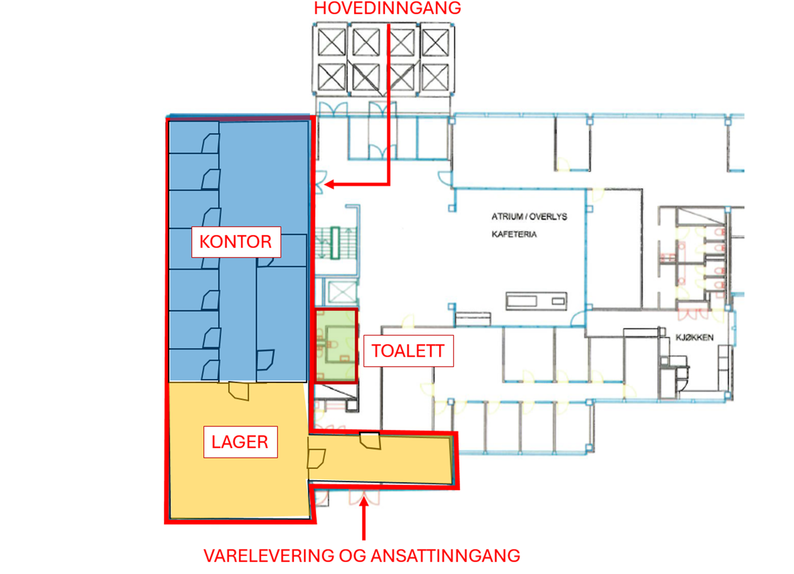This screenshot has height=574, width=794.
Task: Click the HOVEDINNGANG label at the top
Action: (387, 8)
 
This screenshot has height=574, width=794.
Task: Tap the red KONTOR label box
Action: (236, 242)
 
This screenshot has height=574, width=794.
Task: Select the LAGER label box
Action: (240, 442)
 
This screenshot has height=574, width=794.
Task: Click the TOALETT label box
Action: (408, 351)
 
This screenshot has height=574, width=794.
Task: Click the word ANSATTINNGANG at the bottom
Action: (445, 556)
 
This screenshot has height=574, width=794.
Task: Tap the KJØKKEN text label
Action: (694, 338)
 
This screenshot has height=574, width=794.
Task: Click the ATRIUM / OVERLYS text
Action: (529, 216)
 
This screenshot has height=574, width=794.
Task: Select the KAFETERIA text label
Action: (514, 234)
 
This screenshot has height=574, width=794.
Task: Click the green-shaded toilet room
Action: (336, 346)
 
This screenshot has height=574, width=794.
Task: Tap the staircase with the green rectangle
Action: (336, 243)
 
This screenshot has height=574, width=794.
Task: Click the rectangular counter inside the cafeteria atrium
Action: (536, 301)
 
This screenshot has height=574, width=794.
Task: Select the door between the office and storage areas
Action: (238, 391)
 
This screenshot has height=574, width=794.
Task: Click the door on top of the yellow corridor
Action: (370, 440)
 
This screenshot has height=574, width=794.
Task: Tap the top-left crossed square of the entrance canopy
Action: (331, 42)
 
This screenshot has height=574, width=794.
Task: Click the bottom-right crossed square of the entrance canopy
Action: (435, 77)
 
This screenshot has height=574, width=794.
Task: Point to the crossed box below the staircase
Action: (342, 292)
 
